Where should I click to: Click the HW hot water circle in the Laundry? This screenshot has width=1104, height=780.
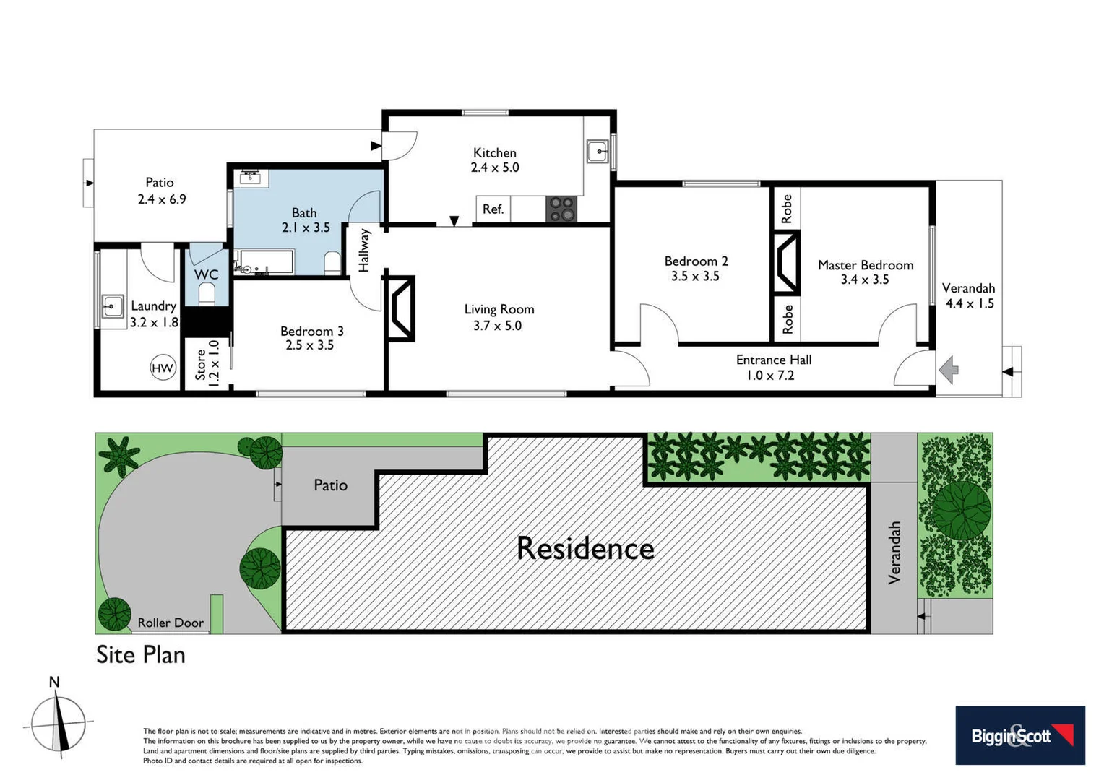tap(163, 368)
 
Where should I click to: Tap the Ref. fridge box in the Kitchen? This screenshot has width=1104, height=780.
tap(493, 209)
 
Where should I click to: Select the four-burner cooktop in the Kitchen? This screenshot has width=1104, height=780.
tap(561, 209)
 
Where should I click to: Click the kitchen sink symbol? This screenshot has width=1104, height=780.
tap(598, 152)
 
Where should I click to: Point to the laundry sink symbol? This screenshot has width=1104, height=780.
tap(112, 306)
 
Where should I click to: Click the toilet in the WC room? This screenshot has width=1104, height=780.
tap(207, 294)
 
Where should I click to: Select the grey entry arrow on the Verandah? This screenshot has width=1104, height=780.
tap(949, 370)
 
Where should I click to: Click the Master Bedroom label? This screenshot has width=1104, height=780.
tap(865, 265)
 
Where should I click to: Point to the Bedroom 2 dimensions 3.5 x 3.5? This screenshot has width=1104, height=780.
tap(695, 276)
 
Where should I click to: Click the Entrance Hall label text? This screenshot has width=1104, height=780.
tap(773, 360)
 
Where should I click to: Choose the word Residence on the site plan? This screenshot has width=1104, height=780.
tap(585, 549)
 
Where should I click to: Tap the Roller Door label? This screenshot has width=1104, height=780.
tap(171, 623)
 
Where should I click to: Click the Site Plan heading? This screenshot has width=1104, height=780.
tap(141, 654)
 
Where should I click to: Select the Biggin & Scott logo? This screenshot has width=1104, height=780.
tap(1019, 735)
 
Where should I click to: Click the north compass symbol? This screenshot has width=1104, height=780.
tap(59, 723)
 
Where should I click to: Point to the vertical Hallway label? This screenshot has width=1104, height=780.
tap(364, 251)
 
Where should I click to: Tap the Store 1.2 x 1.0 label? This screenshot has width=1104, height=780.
tap(207, 364)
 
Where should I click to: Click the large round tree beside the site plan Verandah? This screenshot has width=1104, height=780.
tap(961, 510)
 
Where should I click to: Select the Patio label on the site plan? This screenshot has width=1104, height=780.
tap(330, 485)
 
